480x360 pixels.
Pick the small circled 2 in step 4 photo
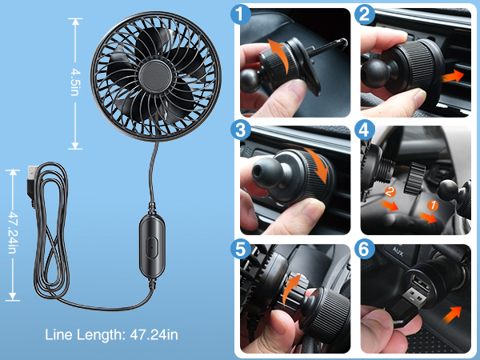(x=389, y=191)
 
